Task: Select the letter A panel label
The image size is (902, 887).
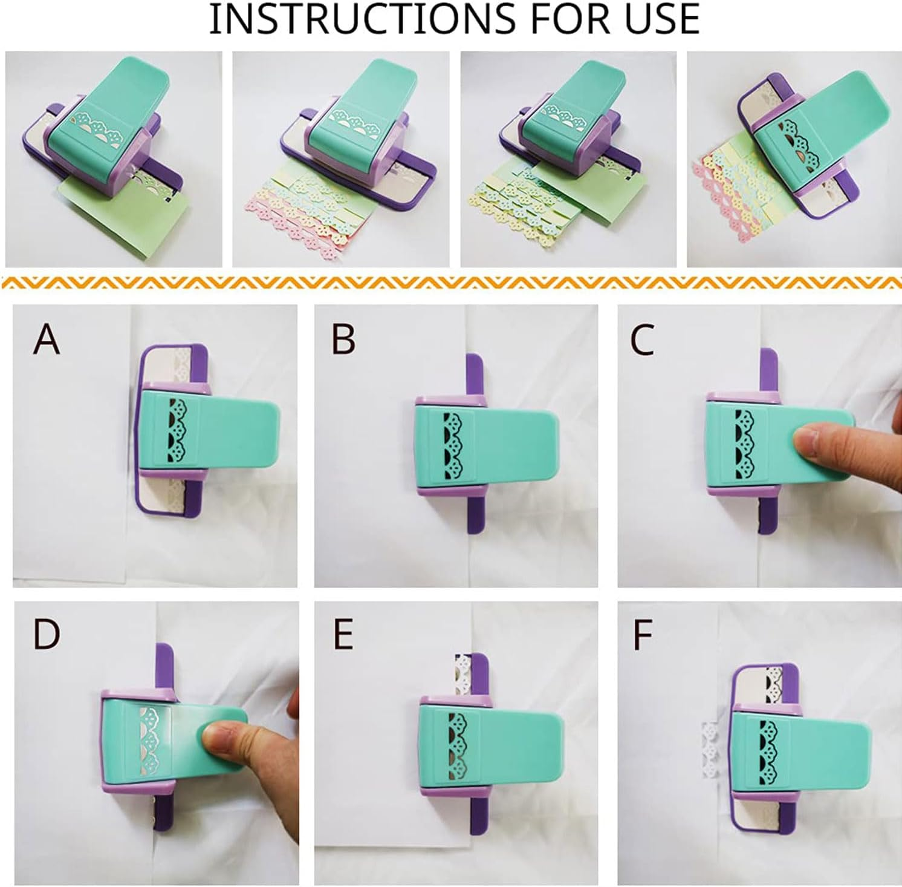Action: (x=47, y=339)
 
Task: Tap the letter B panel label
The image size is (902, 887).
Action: (x=343, y=339)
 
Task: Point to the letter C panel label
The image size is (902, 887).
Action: (x=641, y=339)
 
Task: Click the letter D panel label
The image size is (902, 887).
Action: (x=47, y=634)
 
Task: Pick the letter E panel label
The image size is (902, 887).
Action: (x=343, y=634)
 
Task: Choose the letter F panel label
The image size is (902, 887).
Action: (x=643, y=634)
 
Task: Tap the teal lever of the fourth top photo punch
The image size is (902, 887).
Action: (x=846, y=121)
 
